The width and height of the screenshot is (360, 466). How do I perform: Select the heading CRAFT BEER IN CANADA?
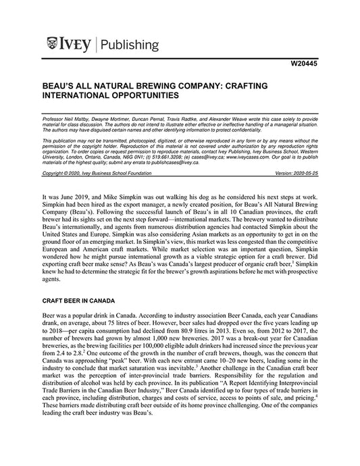(84, 298)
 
